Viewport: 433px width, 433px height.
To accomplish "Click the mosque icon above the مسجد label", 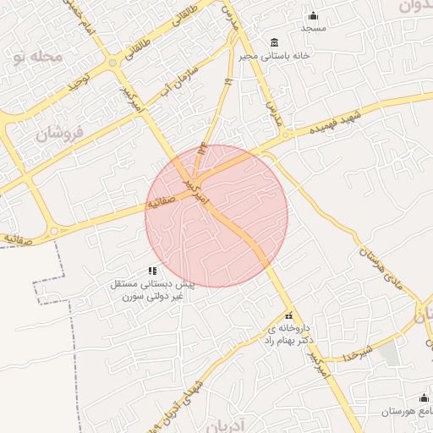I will point(314,15).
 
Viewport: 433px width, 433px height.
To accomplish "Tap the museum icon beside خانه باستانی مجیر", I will point(274,42).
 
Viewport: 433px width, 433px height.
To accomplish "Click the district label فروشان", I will point(62,134).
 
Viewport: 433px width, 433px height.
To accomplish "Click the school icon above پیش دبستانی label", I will point(152,271).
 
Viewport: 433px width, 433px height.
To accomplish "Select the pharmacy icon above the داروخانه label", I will point(288,315).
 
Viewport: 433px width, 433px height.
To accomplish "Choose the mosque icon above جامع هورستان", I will point(424,397).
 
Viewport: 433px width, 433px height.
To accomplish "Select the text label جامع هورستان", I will point(404,411).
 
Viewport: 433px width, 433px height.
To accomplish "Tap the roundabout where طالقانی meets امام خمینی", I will point(112,62).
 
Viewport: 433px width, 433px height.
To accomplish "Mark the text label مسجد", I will point(314,28).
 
